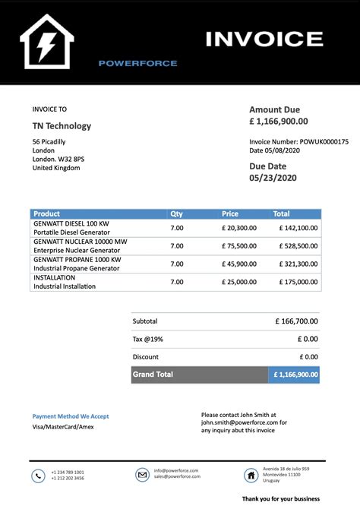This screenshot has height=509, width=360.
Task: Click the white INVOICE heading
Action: pyautogui.click(x=264, y=39)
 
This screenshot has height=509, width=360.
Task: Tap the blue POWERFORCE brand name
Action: pyautogui.click(x=138, y=63)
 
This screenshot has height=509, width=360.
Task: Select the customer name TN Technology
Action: pyautogui.click(x=62, y=126)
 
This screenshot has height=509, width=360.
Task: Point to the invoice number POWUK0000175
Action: pyautogui.click(x=324, y=141)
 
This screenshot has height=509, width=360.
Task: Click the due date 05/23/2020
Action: pyautogui.click(x=273, y=178)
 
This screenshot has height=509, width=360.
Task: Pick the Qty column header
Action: pyautogui.click(x=176, y=214)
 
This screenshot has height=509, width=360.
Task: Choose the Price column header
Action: pyautogui.click(x=230, y=214)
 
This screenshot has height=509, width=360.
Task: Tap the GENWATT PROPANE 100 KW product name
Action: pyautogui.click(x=70, y=259)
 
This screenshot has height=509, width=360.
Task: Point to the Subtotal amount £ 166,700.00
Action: pyautogui.click(x=297, y=321)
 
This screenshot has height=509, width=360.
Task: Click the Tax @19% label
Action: pyautogui.click(x=147, y=339)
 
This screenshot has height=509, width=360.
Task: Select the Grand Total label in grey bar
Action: pyautogui.click(x=153, y=375)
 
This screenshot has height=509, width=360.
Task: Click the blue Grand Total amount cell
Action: pyautogui.click(x=295, y=375)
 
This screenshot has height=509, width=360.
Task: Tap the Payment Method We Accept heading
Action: pyautogui.click(x=71, y=416)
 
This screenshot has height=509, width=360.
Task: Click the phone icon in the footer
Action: pyautogui.click(x=38, y=476)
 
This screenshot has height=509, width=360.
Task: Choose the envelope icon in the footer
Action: pyautogui.click(x=142, y=475)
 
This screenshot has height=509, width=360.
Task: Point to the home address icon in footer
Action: pyautogui.click(x=251, y=475)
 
